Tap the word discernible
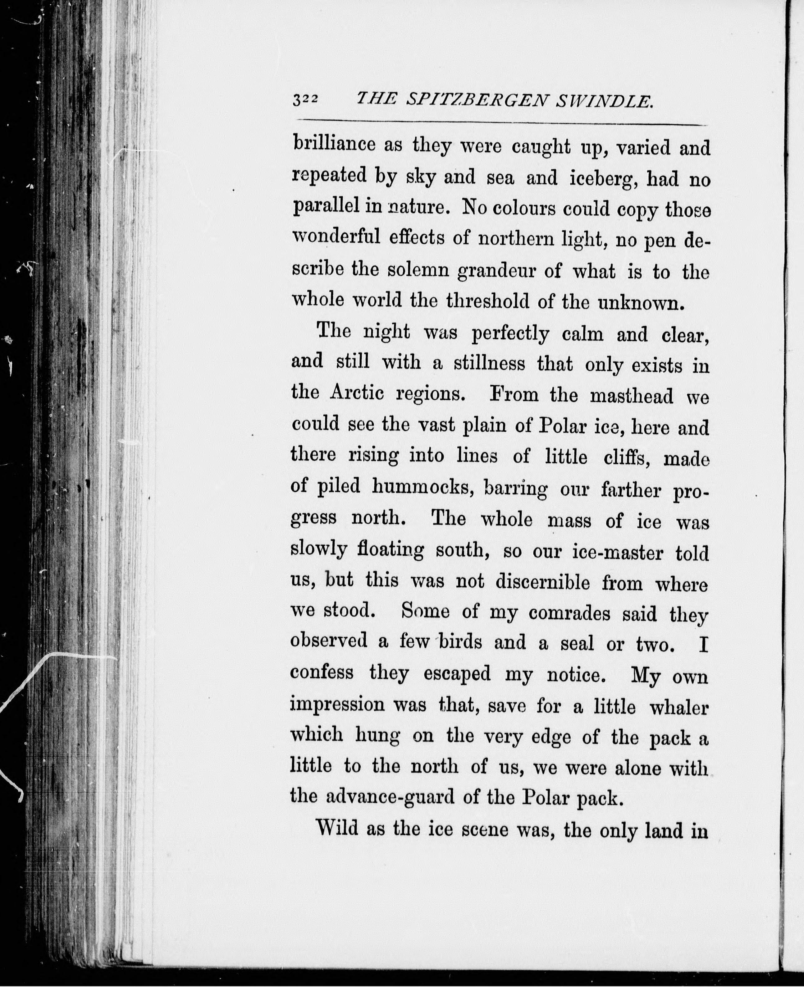[x=543, y=582]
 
